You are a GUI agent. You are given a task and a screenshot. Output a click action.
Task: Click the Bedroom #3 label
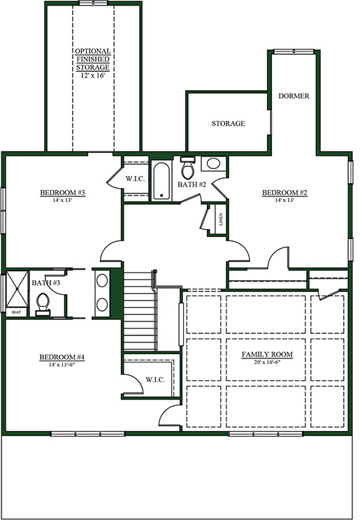63,193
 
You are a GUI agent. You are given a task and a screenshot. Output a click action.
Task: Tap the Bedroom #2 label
285,193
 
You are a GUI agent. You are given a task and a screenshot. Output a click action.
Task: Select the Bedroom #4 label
62,357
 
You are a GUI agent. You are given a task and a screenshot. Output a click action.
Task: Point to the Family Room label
267,354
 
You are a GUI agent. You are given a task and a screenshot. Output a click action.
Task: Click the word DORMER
294,96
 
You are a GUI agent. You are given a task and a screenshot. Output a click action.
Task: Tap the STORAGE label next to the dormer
229,124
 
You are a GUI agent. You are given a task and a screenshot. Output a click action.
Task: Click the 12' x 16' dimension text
93,75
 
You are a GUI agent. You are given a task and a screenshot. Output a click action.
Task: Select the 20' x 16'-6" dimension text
267,362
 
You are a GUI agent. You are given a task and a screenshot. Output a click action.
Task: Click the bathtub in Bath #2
161,181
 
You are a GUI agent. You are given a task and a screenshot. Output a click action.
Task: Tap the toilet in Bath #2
187,168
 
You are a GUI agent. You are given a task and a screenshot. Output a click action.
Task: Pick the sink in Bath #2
213,163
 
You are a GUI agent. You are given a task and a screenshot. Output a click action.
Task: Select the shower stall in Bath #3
17,289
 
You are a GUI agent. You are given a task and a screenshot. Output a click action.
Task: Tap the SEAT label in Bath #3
16,312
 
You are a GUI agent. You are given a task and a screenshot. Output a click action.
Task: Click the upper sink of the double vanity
102,279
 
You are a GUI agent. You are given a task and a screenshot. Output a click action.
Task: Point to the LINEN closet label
221,219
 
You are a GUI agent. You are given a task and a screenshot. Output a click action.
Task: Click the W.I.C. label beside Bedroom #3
136,179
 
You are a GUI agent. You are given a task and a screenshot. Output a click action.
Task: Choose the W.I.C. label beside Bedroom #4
155,380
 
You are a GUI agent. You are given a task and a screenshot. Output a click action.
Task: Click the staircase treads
140,311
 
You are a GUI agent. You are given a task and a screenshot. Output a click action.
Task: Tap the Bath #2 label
192,184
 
